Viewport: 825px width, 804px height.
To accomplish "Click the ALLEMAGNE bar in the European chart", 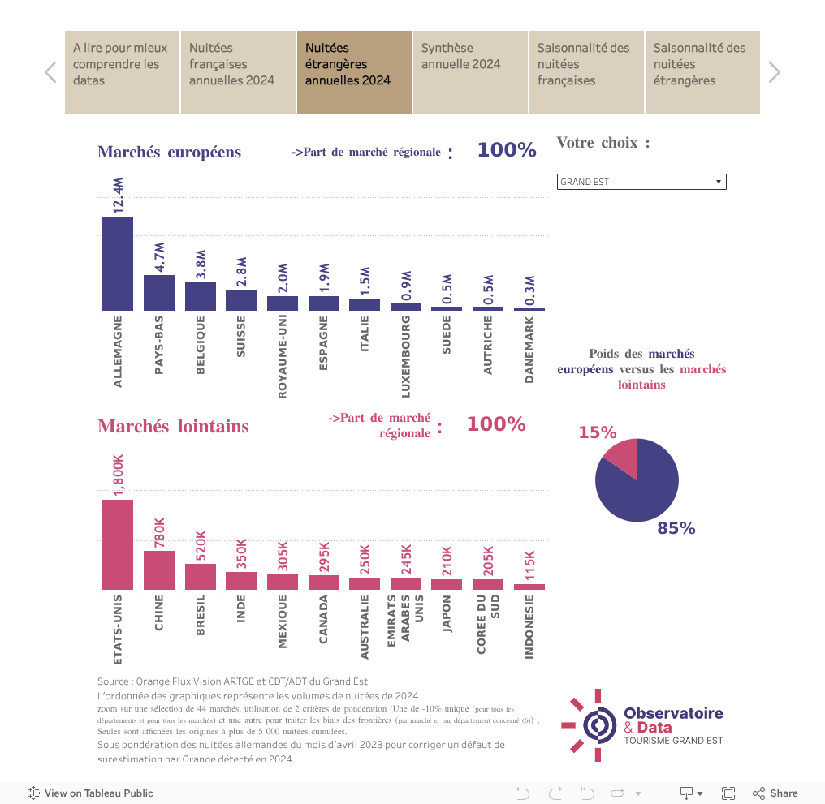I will pos(117,264).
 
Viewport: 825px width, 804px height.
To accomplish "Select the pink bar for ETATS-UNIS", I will pos(117,544).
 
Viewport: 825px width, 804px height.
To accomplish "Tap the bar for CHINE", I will pos(158,570).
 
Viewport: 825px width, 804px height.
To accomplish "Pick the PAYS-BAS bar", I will pos(158,292).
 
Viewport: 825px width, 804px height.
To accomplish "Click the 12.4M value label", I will pos(118,196).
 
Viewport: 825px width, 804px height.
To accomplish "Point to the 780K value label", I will pos(159,533).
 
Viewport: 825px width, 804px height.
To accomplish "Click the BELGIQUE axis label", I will pos(200,345).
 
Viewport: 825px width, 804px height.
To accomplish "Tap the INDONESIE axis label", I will pos(529,627).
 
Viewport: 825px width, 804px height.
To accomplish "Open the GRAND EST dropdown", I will pos(641,182).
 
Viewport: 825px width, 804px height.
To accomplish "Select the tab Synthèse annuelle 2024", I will pos(470,72).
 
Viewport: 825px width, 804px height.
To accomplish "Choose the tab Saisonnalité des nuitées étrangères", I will pos(702,72).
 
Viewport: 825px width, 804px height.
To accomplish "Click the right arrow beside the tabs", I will pos(774,72).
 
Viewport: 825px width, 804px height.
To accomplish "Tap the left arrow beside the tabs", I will pos(50,72).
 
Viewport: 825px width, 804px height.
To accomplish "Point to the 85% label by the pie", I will pos(676,528).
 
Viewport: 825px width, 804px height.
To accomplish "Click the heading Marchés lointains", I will pos(173,426).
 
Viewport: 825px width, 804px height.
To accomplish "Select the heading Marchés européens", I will pos(169,152).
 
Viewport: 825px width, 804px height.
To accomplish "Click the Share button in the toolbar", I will pos(775,793).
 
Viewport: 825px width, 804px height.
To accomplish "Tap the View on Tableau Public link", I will pos(90,793).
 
